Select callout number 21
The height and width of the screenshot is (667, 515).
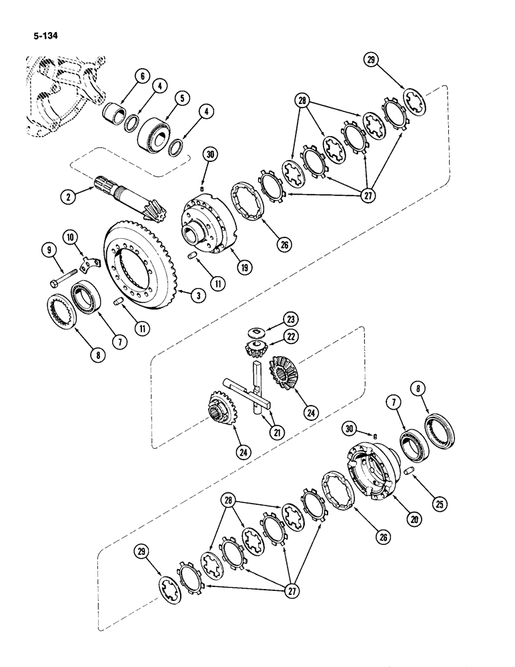coord(275,432)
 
